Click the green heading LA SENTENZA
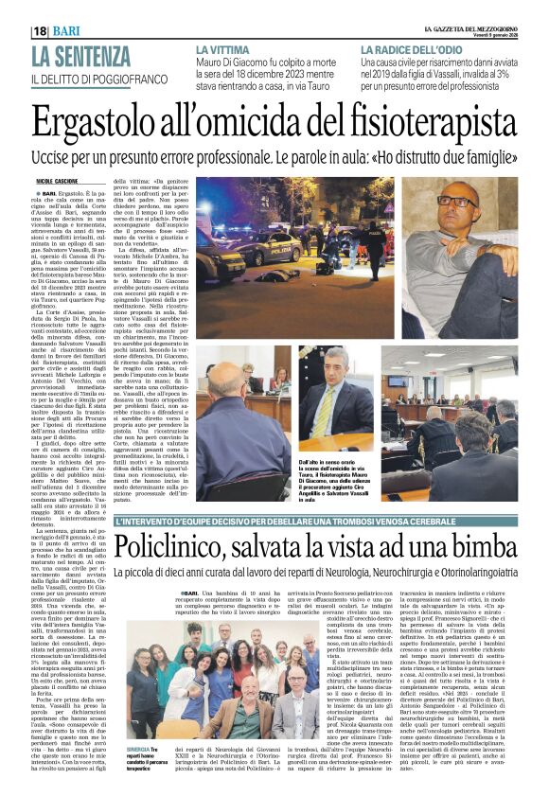click(x=80, y=56)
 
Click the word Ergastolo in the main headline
click(x=100, y=122)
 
